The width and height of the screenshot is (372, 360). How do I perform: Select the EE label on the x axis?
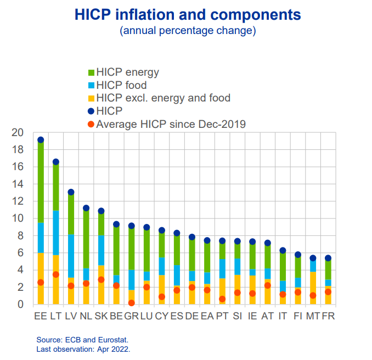41,317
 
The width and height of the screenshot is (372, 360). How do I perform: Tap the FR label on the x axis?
328,317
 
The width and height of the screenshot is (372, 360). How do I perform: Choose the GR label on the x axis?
132,317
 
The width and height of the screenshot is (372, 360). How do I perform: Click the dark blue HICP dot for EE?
41,140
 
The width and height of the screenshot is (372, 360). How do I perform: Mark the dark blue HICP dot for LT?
55,162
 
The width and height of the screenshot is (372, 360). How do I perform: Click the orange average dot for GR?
132,302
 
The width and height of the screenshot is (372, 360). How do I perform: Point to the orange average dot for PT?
222,299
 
